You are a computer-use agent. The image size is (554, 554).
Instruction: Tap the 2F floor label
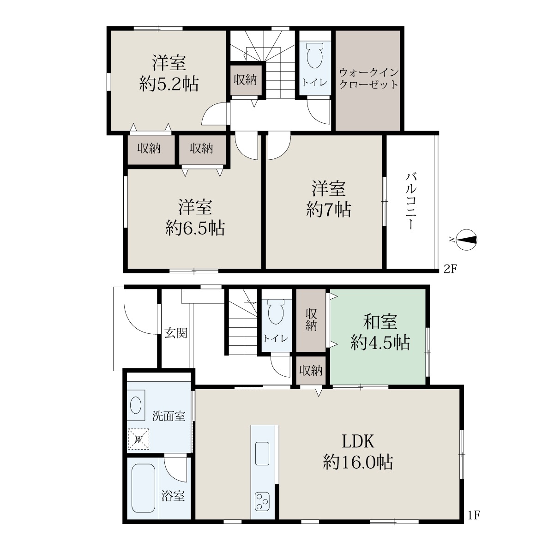click(450, 269)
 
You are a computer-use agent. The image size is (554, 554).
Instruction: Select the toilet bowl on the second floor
click(315, 55)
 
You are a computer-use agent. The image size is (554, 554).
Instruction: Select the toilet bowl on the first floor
click(276, 312)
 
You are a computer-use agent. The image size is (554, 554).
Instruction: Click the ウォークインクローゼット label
click(368, 78)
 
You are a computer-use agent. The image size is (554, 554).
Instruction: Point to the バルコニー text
click(411, 201)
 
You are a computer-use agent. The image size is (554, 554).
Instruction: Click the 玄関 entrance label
click(175, 333)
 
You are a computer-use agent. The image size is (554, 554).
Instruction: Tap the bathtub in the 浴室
click(143, 488)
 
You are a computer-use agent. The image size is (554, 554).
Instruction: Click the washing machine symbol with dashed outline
click(138, 439)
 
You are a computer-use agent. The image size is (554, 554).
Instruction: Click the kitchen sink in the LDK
click(262, 453)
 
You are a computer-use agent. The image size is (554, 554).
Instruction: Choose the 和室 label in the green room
click(380, 322)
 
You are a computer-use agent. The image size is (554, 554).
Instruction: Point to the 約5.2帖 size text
click(169, 84)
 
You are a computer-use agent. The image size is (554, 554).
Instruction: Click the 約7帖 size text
click(329, 210)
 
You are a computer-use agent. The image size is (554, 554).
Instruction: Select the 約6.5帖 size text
click(195, 229)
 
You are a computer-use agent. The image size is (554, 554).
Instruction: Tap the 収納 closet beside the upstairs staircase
click(245, 79)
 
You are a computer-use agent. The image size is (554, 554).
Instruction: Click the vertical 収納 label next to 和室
click(311, 319)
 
